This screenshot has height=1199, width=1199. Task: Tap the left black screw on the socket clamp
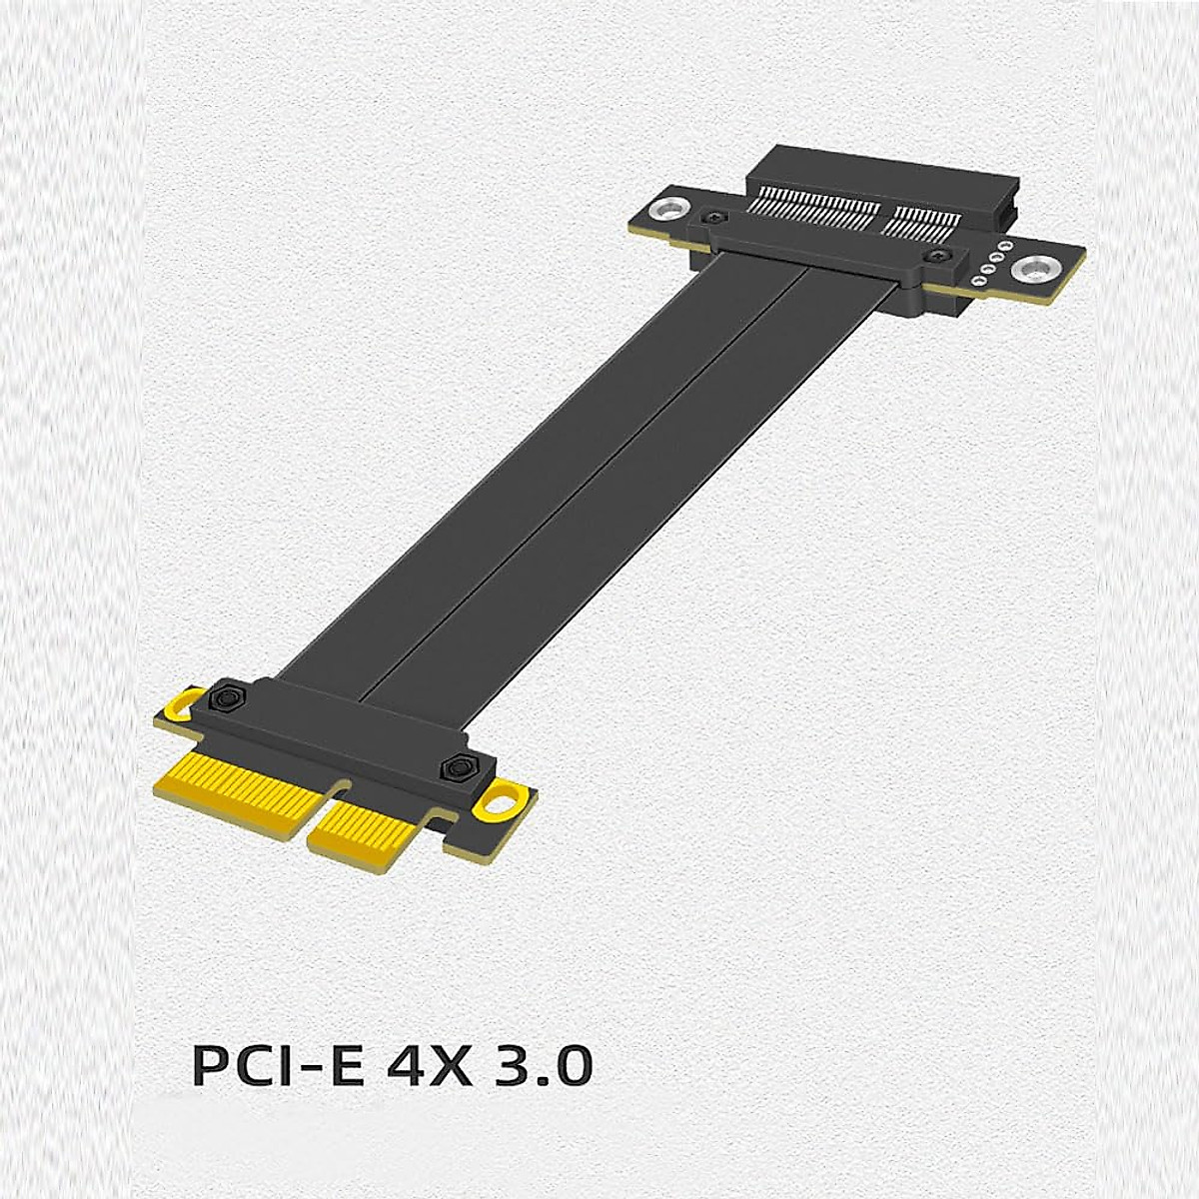pyautogui.click(x=712, y=217)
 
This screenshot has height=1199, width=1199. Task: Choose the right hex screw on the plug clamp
pyautogui.click(x=460, y=767)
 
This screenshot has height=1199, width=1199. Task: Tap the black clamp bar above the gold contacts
pyautogui.click(x=340, y=734)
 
